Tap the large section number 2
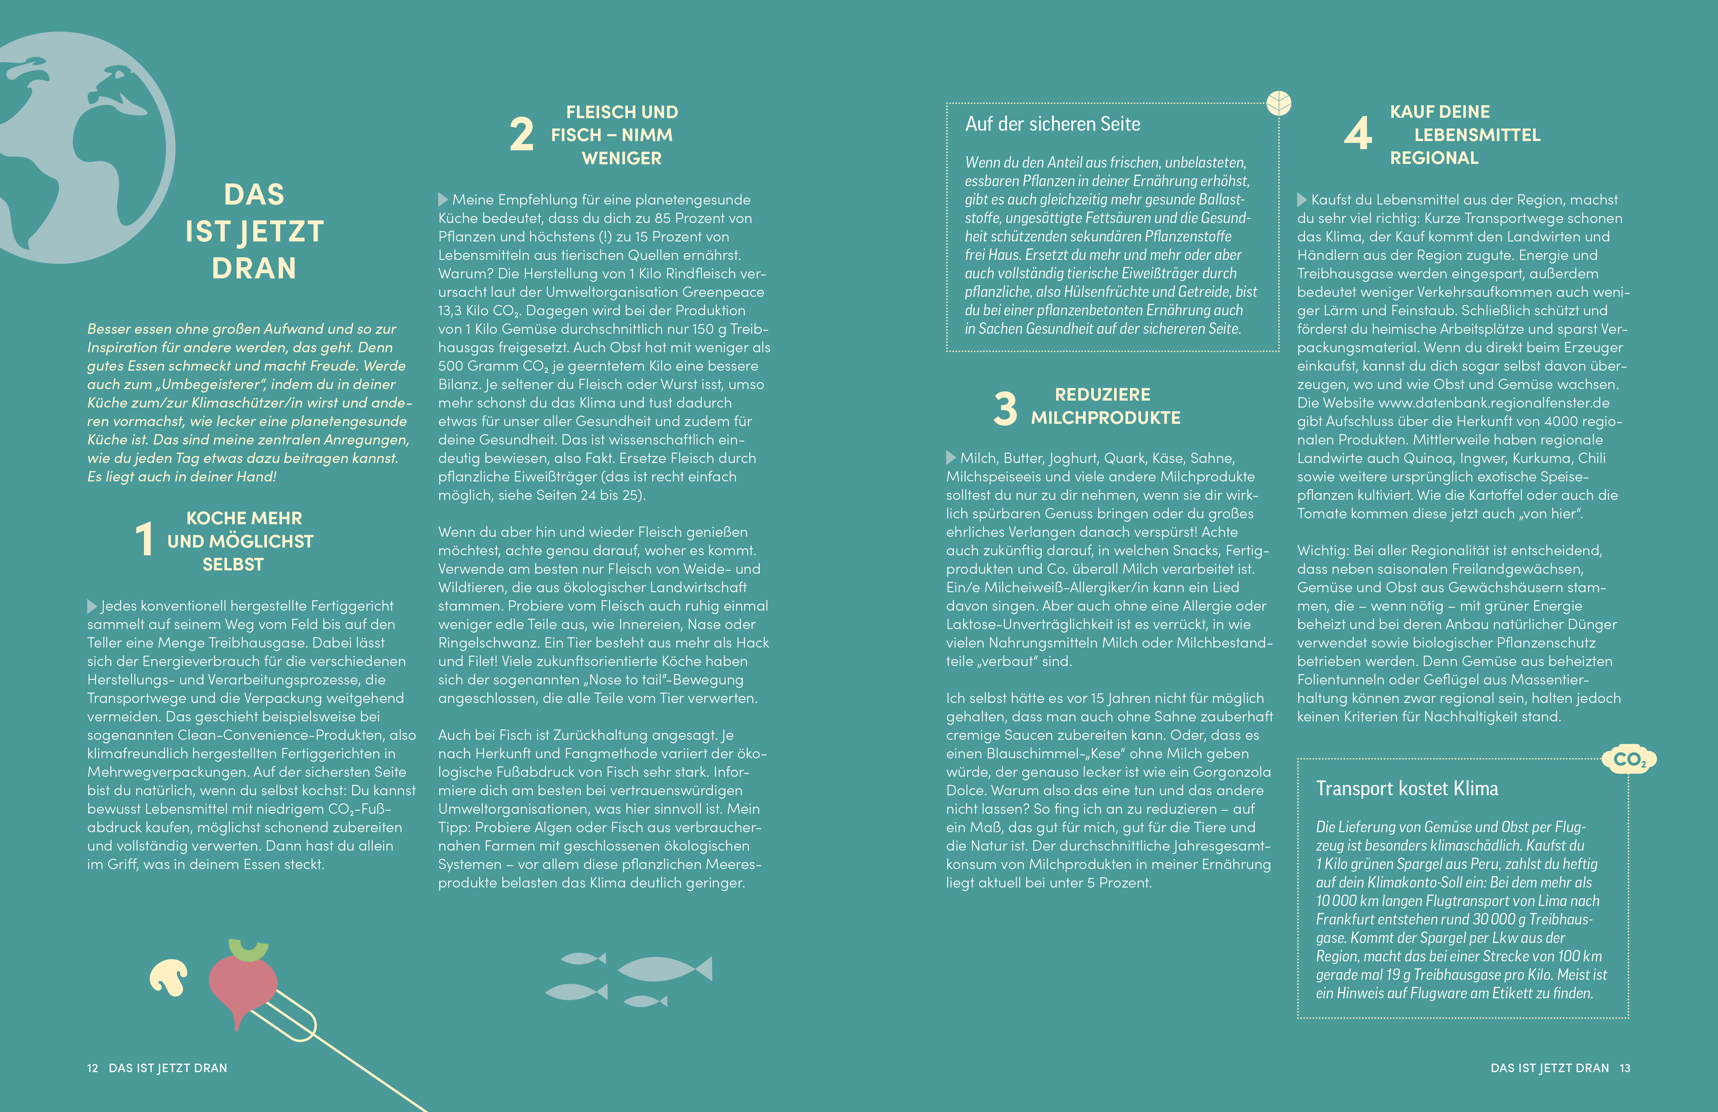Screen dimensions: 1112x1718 point(521,135)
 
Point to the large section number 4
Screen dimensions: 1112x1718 point(1358,134)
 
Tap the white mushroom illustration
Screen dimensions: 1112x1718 point(169,977)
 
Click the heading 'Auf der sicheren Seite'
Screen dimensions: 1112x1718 point(1052,124)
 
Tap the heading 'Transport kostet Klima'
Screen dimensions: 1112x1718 point(1406,789)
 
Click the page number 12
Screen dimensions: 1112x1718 point(92,1068)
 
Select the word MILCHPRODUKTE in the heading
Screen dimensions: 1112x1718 point(1105,418)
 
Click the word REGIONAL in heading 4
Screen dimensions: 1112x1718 point(1434,158)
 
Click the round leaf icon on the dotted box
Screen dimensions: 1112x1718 point(1278,103)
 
